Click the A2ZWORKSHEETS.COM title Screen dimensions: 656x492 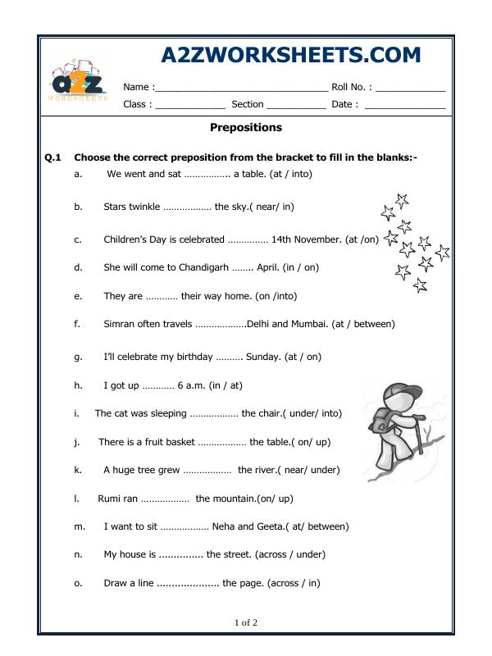[x=291, y=55]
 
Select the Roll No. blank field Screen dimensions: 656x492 [x=410, y=88]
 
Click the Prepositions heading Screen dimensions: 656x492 [x=246, y=128]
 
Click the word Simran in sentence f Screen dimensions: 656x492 [x=120, y=324]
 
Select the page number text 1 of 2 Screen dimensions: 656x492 [x=246, y=622]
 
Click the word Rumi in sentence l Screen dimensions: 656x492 [x=108, y=498]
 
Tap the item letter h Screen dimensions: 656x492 [x=77, y=385]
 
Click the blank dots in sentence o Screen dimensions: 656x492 [x=187, y=583]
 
